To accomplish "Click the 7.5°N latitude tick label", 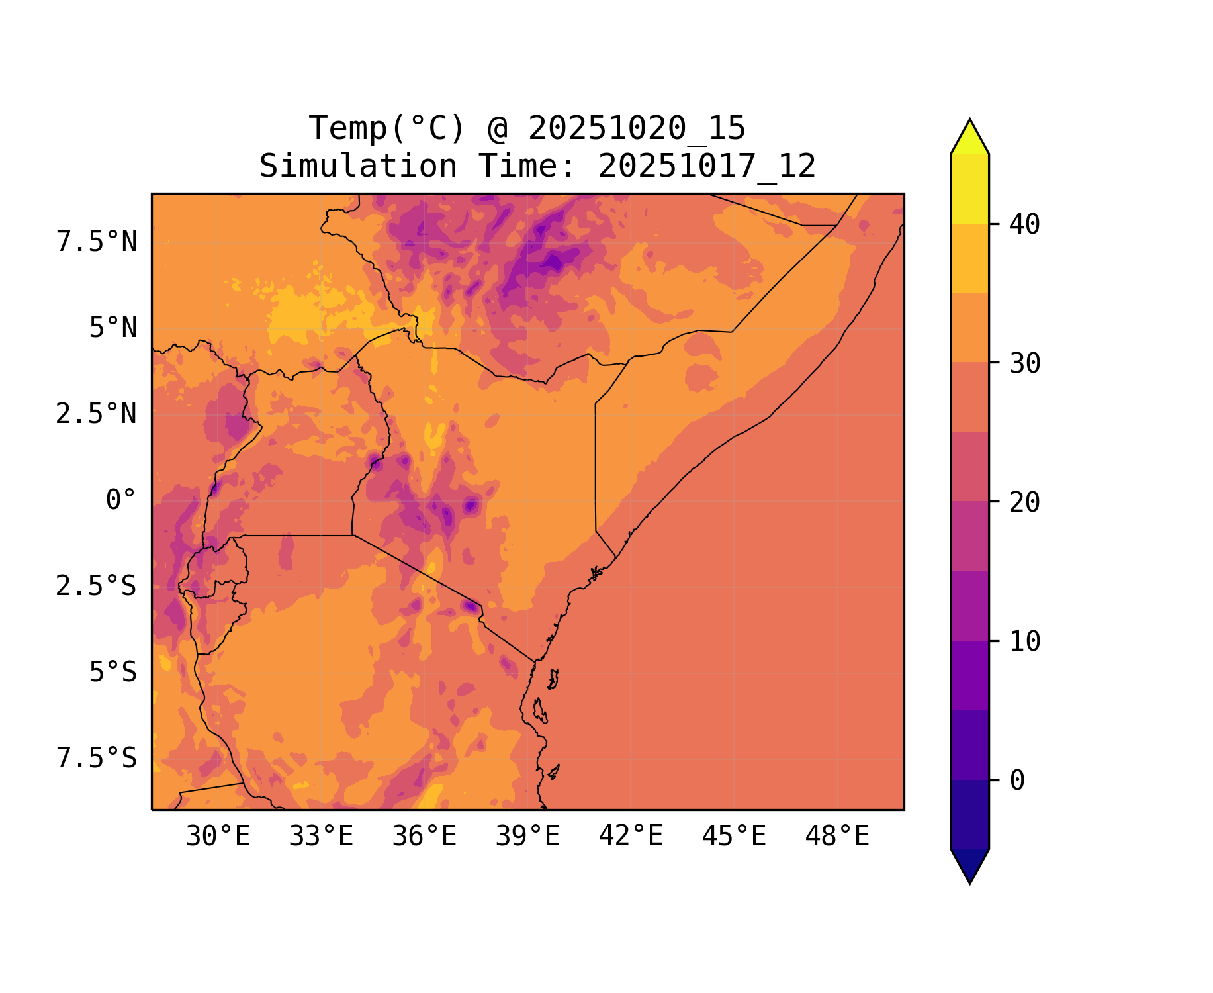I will tap(97, 242).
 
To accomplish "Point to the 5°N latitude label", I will tap(113, 328).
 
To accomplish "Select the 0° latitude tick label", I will tap(121, 500).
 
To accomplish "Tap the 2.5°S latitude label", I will tap(97, 586).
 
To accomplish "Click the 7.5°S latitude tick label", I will tap(97, 758).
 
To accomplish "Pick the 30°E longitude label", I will tap(218, 837).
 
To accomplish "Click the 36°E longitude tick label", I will tap(424, 837).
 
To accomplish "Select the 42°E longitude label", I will tap(631, 836).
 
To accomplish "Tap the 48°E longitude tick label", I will tap(837, 837).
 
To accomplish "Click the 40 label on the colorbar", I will tap(1025, 224).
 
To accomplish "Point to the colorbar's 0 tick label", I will tap(1017, 780).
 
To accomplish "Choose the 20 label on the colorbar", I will tap(1025, 502).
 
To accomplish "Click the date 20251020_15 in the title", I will tap(637, 128).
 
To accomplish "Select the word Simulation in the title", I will tap(358, 166).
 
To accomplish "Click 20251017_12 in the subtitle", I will tap(707, 166).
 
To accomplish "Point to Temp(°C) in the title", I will tap(387, 128).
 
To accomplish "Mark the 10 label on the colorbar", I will tap(1025, 641).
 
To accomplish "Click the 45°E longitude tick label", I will tap(734, 837).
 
